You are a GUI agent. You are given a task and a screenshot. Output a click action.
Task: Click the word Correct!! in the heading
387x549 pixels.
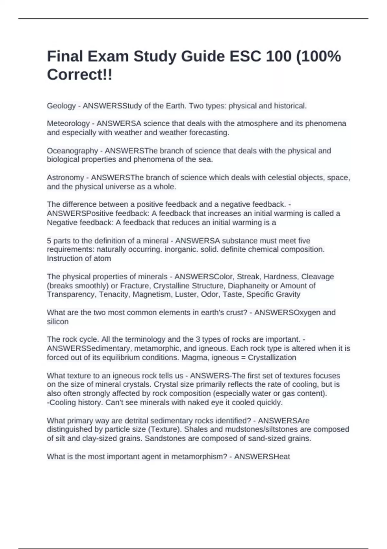[80, 75]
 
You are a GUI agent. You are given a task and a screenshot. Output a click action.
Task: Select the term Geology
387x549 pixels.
[61, 106]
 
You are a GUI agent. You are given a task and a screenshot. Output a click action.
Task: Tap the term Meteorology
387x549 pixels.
[68, 123]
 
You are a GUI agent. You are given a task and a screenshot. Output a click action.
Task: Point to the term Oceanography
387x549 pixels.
[72, 151]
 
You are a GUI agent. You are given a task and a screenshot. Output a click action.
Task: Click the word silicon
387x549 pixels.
[58, 322]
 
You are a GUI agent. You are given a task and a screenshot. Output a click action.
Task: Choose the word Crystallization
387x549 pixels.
[272, 357]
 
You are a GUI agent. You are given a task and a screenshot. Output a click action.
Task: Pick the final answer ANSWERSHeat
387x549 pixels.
[262, 457]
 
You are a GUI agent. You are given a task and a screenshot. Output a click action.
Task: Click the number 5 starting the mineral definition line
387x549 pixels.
[49, 241]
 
